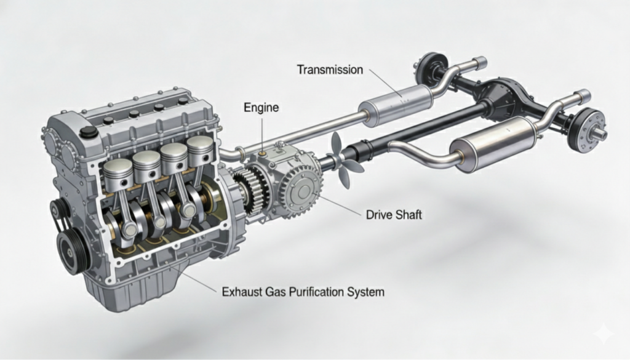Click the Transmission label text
[x=330, y=70]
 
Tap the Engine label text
[x=261, y=107]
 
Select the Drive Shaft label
[x=394, y=215]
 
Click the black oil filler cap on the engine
[x=89, y=132]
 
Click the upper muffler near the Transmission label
[x=396, y=105]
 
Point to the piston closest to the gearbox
[x=200, y=150]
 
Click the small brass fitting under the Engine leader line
[x=263, y=154]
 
